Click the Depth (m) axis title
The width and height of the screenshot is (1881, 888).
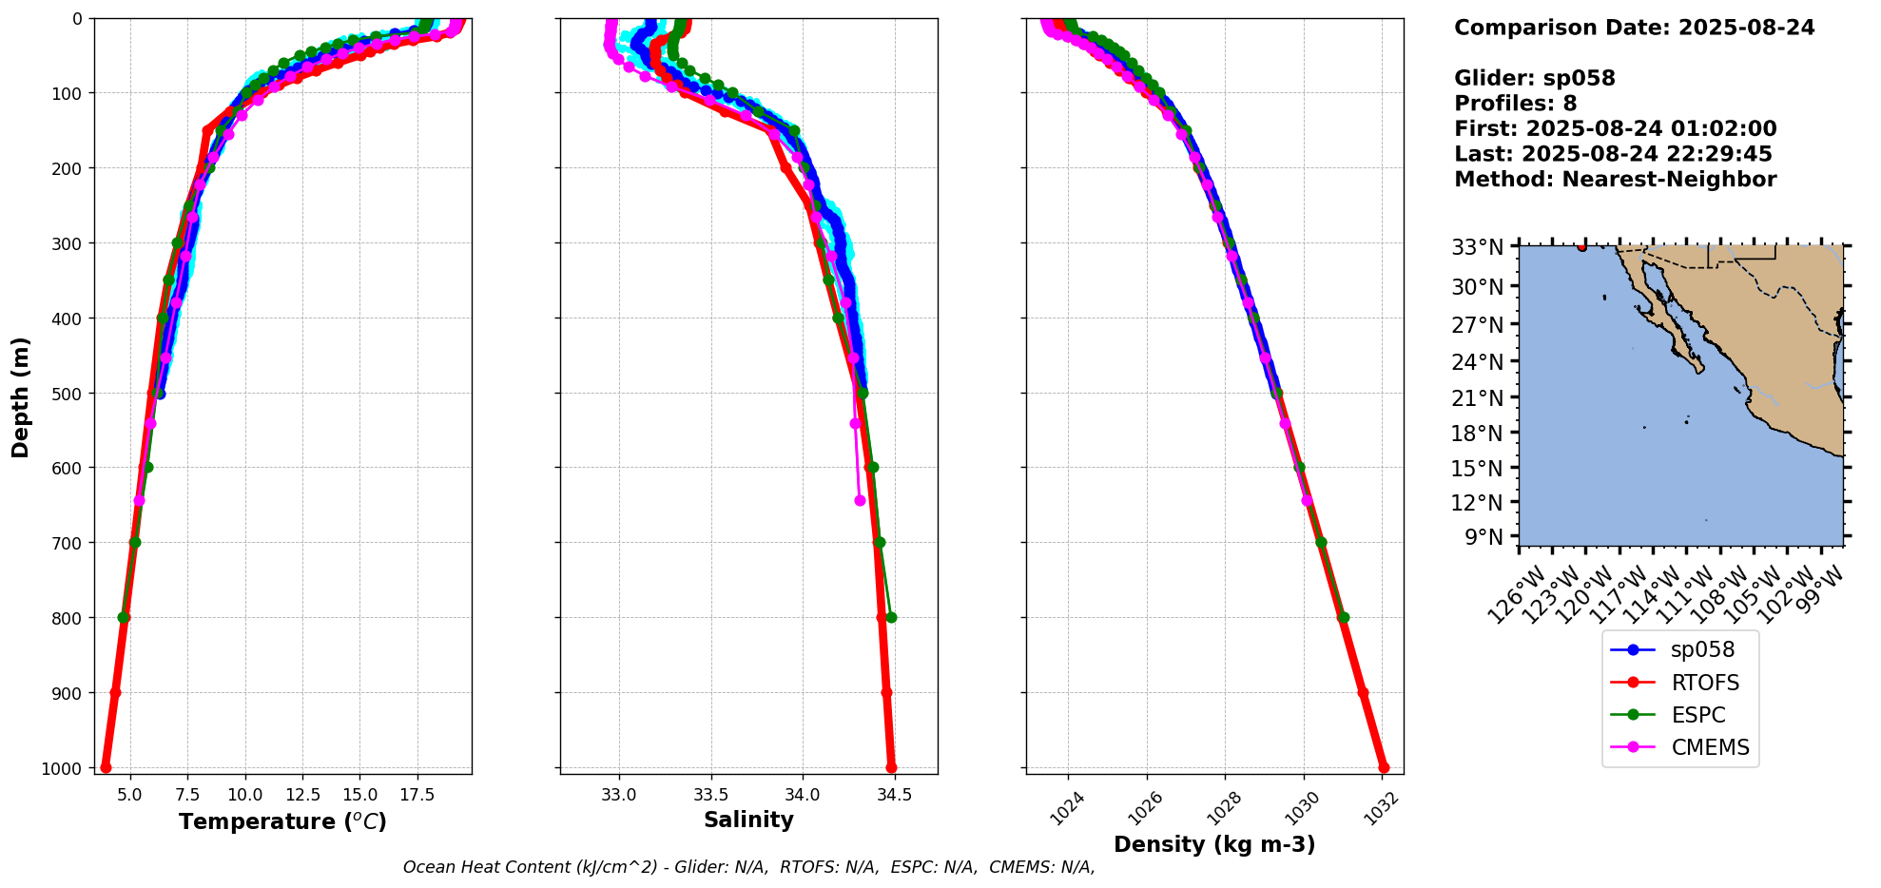tap(21, 396)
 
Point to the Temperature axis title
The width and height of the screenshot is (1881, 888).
tap(282, 821)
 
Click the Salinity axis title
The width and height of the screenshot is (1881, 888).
tap(748, 820)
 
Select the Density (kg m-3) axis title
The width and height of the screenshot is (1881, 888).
tap(1214, 844)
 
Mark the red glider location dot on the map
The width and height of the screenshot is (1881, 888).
tap(1581, 247)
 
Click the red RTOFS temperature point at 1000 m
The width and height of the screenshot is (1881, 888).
tap(106, 767)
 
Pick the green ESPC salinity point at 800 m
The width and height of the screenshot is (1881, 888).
tap(891, 617)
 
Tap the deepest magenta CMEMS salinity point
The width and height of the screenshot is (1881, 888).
tap(860, 500)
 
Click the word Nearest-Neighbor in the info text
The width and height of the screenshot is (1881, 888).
tap(1669, 180)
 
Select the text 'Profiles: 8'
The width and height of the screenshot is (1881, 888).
tap(1515, 104)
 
